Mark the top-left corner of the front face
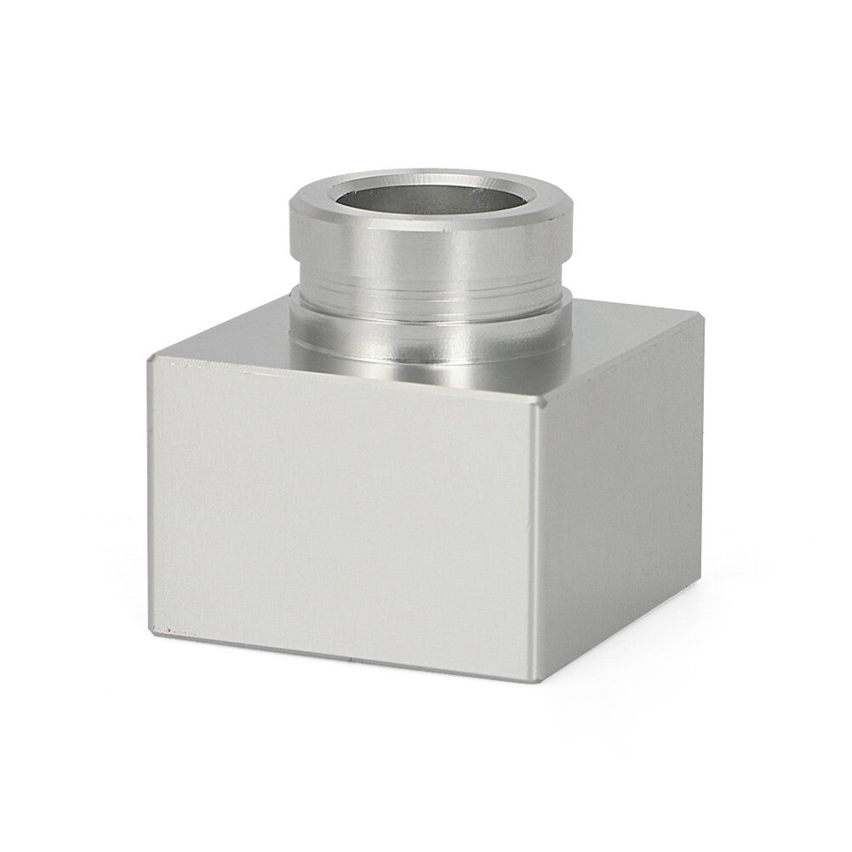[x=151, y=359]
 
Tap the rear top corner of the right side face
[x=700, y=318]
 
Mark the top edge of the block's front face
[x=340, y=381]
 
